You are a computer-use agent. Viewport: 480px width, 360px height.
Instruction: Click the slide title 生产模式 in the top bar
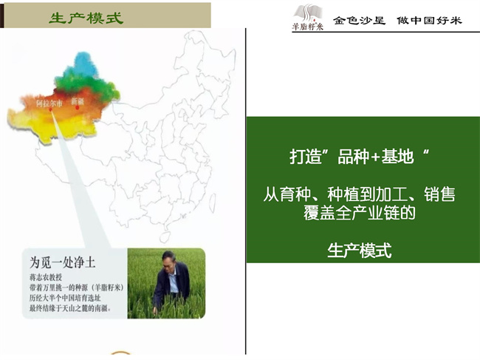tap(86, 18)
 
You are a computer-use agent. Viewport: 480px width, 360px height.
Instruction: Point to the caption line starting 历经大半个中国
tap(67, 296)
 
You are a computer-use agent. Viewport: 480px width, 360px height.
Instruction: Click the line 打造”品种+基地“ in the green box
tap(360, 158)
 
